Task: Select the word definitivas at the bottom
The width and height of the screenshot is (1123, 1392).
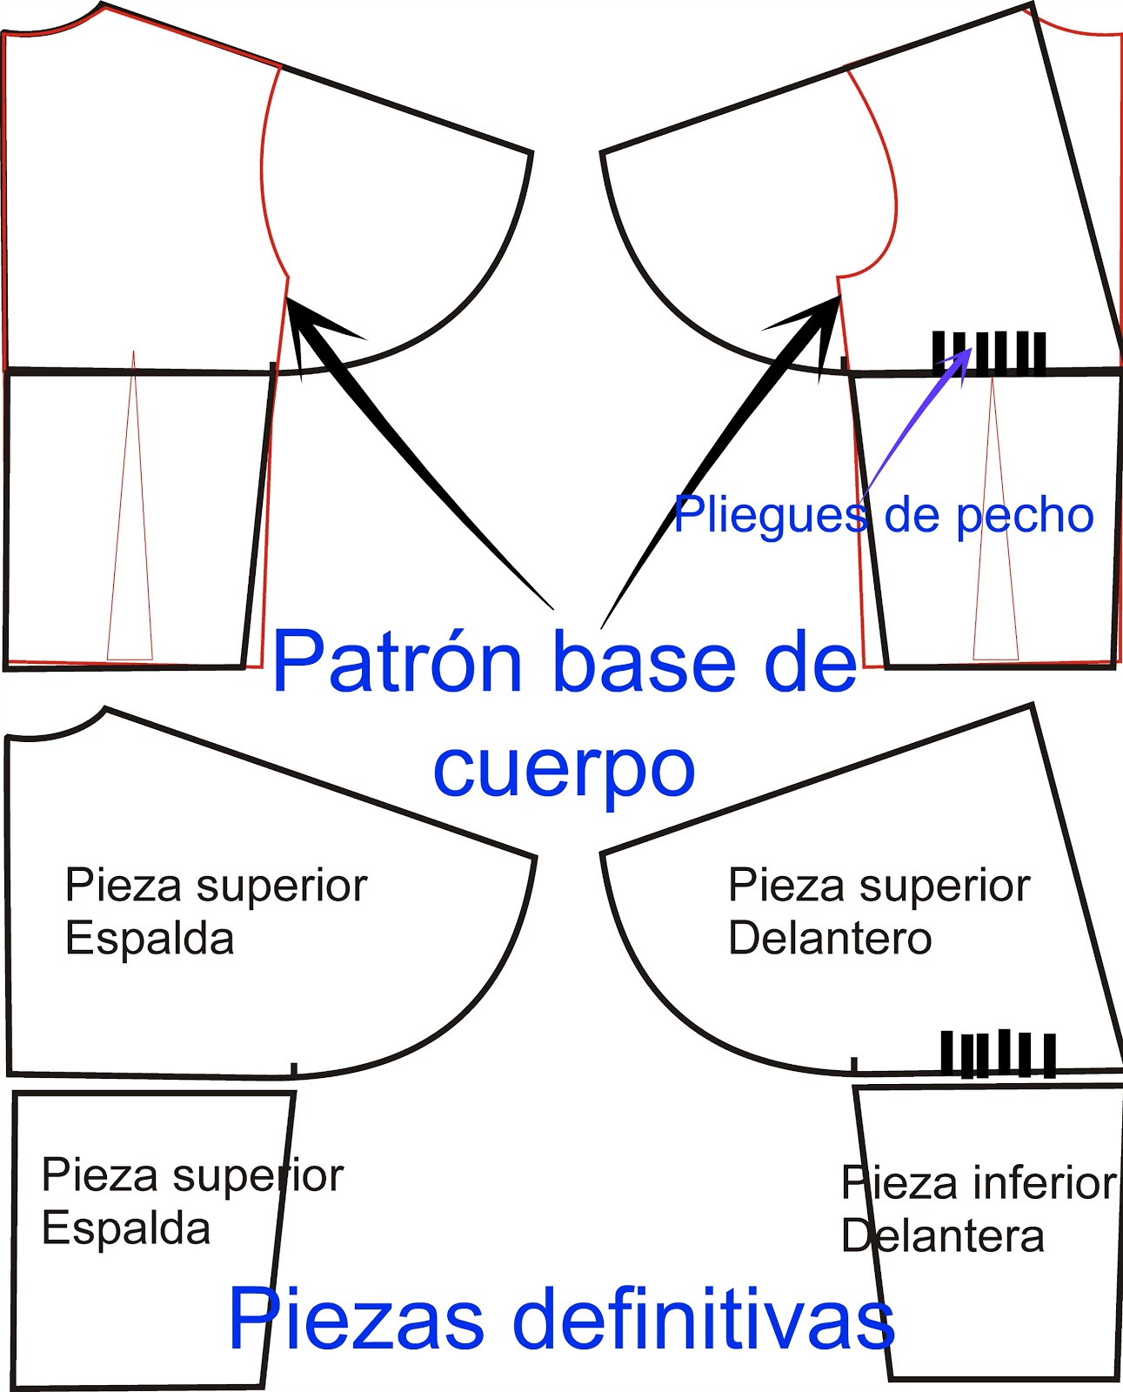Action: coord(704,1319)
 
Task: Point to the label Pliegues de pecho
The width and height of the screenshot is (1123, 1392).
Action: coord(883,515)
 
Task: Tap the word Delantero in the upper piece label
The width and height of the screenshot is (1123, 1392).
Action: coord(830,939)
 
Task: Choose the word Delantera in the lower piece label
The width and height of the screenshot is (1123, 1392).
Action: coord(943,1236)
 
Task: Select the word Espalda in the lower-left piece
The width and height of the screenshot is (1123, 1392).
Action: coord(126,1229)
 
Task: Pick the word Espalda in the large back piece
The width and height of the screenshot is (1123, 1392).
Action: coord(150,940)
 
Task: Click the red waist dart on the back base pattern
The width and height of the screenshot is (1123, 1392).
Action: coord(130,522)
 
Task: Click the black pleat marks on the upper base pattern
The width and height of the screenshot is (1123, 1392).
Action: coord(989,353)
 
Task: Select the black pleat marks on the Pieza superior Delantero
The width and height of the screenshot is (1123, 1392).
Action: coord(999,1054)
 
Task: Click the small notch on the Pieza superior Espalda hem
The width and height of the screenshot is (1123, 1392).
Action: coord(294,1069)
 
